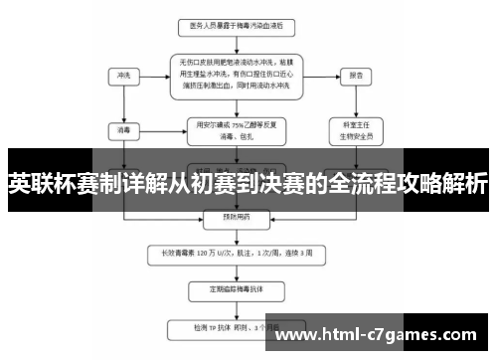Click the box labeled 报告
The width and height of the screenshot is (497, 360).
(x=355, y=74)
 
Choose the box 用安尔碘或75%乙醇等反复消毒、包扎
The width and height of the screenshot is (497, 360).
(x=230, y=129)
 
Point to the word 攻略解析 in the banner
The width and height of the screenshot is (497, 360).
(x=444, y=184)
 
